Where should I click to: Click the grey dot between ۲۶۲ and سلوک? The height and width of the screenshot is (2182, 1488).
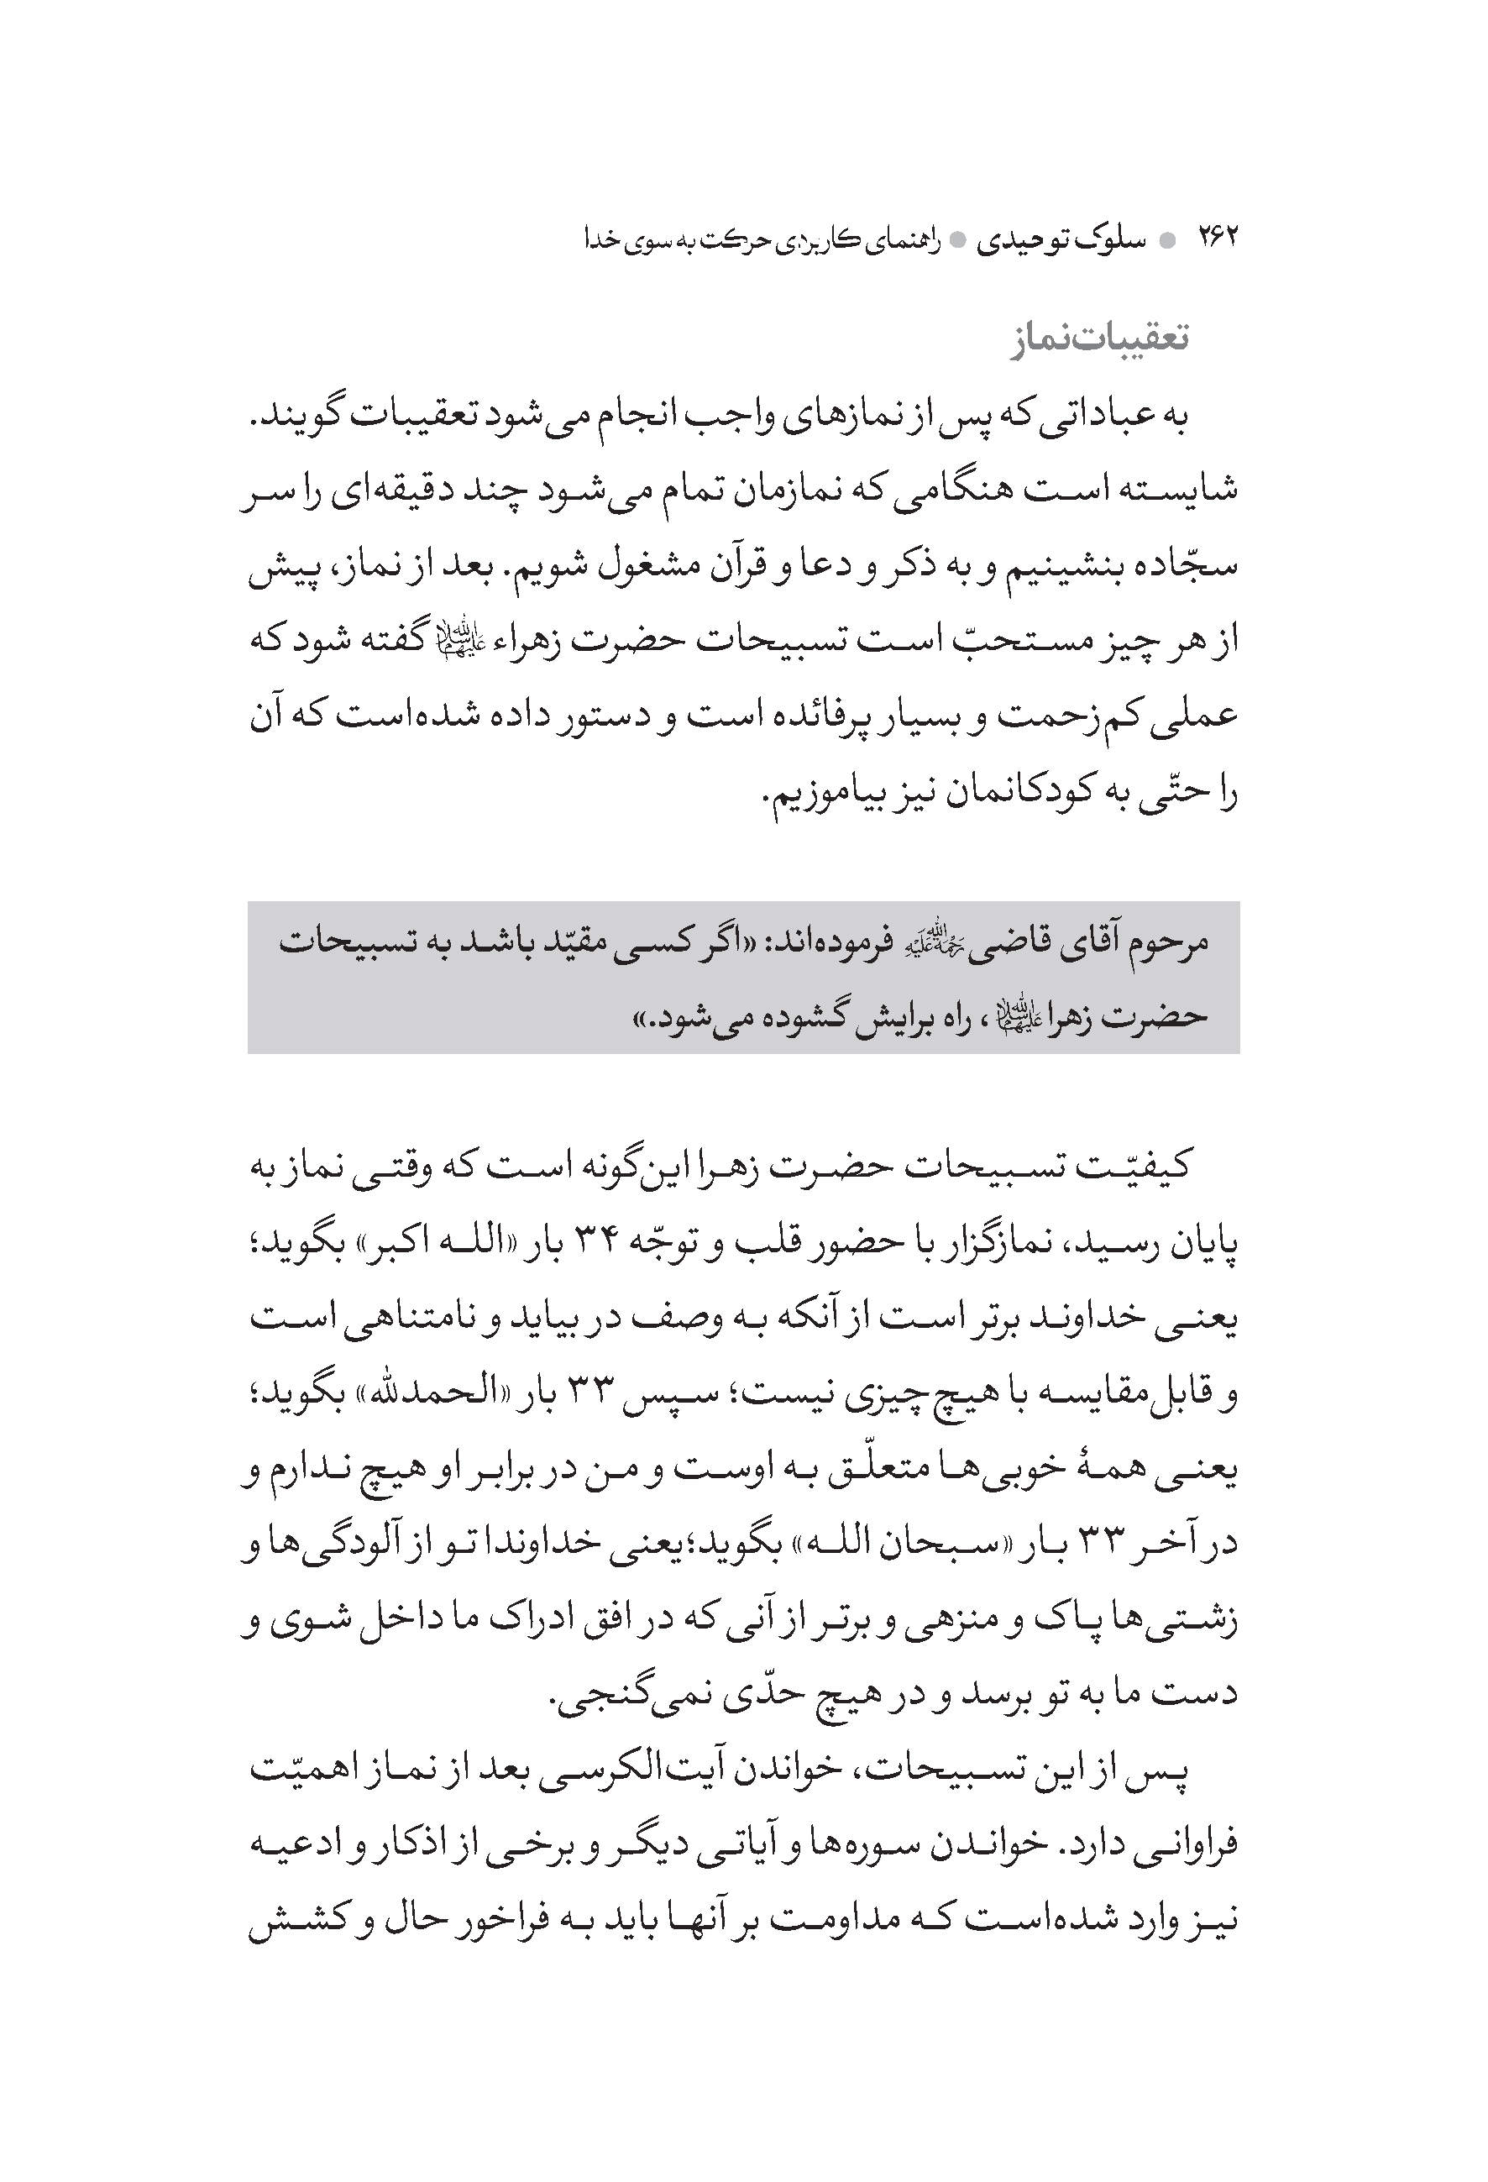[1168, 240]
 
